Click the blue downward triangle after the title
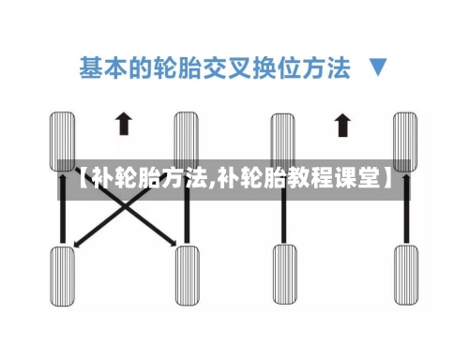coord(378,68)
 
